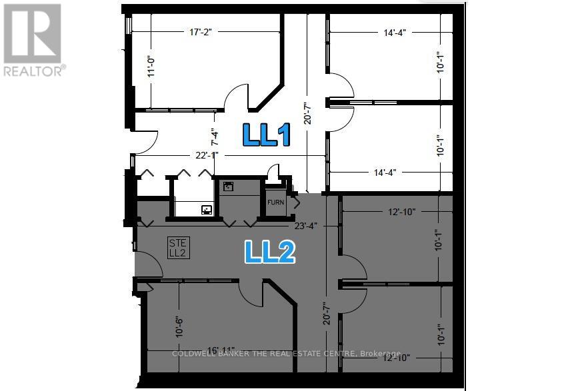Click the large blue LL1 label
pos(266,135)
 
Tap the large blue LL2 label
pos(269,252)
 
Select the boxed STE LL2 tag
pos(177,247)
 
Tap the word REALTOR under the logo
pos(33,71)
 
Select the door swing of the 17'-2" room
pos(236,99)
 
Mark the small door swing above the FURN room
pos(273,173)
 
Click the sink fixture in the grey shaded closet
pos(229,187)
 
